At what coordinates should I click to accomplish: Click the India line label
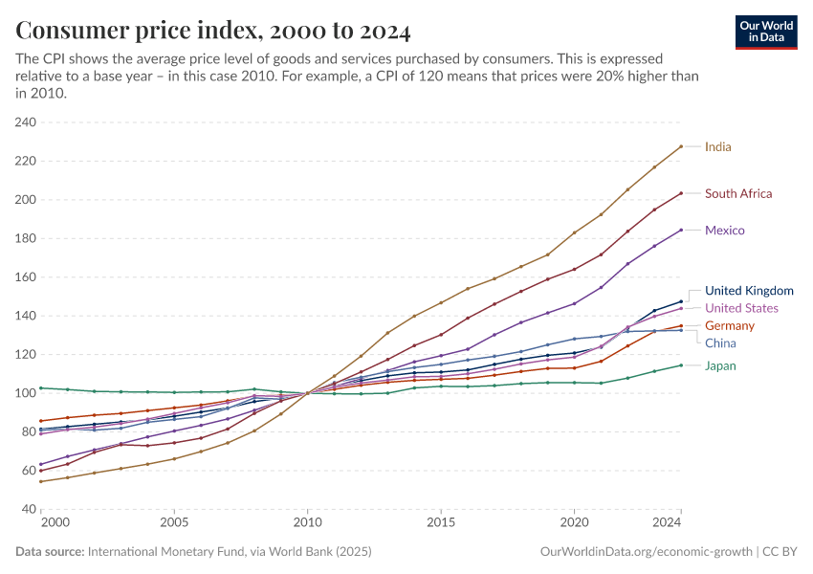pyautogui.click(x=717, y=147)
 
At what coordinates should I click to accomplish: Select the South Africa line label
pyautogui.click(x=737, y=194)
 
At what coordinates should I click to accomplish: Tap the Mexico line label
pyautogui.click(x=724, y=231)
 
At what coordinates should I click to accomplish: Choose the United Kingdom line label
pyautogui.click(x=749, y=291)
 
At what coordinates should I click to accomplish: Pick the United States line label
pyautogui.click(x=741, y=308)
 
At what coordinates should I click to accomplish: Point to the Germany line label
pyautogui.click(x=729, y=326)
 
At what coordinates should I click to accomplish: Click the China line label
pyautogui.click(x=720, y=342)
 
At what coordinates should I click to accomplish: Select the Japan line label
pyautogui.click(x=720, y=366)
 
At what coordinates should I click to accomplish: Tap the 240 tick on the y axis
pyautogui.click(x=25, y=122)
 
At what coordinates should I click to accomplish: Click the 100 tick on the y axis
pyautogui.click(x=25, y=393)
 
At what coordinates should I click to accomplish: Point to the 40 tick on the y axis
pyautogui.click(x=28, y=509)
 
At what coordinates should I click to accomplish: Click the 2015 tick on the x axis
pyautogui.click(x=441, y=523)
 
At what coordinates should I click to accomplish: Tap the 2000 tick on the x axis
pyautogui.click(x=55, y=523)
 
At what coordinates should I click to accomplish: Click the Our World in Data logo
pyautogui.click(x=766, y=32)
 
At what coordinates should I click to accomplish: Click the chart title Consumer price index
pyautogui.click(x=213, y=32)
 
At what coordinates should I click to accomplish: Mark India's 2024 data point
pyautogui.click(x=680, y=146)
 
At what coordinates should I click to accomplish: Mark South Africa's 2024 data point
pyautogui.click(x=680, y=193)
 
